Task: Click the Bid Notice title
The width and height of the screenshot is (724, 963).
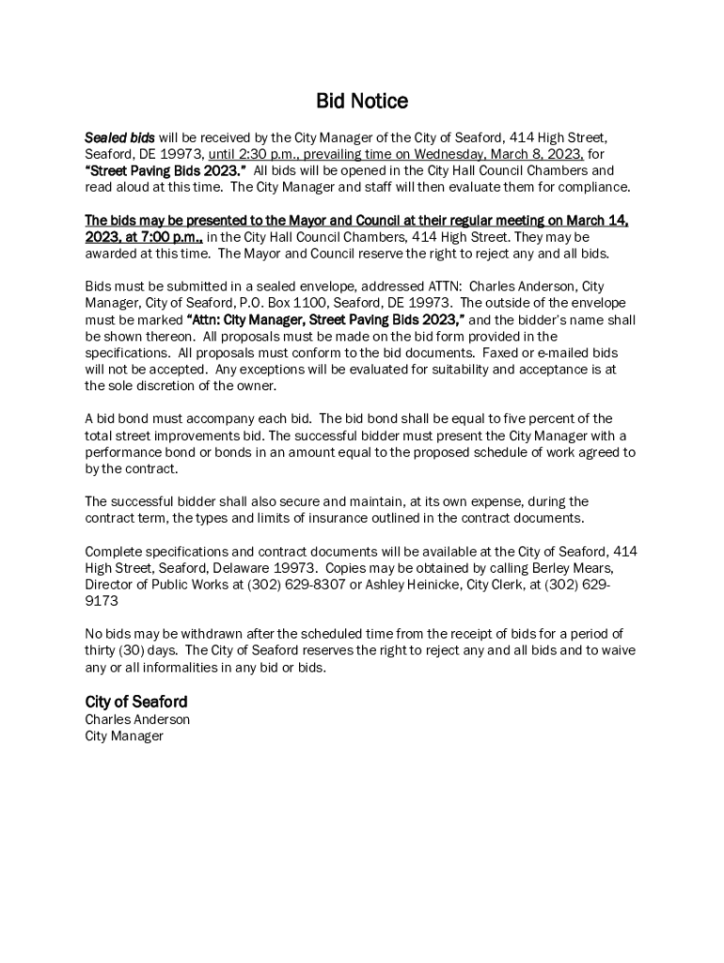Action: coord(362,101)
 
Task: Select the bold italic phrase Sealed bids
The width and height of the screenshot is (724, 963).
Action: coord(119,138)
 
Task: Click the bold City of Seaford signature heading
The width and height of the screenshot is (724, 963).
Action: coord(136,702)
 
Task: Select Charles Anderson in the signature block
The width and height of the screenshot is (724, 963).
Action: coord(137,719)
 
